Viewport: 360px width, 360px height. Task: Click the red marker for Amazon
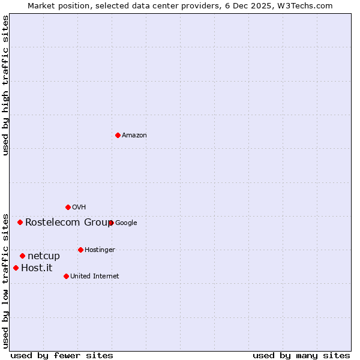[x=118, y=135]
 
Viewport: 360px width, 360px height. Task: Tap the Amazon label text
[x=134, y=136]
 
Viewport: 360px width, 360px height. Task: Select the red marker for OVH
[x=68, y=207]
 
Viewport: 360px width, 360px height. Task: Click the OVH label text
[x=79, y=208]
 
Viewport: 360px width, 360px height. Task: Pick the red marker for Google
[x=111, y=223]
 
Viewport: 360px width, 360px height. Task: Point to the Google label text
[x=126, y=223]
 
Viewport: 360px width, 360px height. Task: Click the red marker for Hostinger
[x=80, y=250]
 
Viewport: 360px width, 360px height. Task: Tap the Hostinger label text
[x=100, y=250]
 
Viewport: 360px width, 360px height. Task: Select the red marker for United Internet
[x=66, y=276]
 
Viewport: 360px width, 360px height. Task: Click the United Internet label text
[x=94, y=277]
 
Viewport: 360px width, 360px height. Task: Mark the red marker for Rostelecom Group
[x=20, y=222]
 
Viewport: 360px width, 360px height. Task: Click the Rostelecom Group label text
[x=68, y=223]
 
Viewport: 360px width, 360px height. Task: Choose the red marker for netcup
[x=22, y=256]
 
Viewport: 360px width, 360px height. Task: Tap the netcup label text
[x=44, y=256]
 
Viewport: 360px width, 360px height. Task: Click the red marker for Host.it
[x=16, y=268]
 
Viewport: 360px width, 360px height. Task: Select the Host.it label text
[x=37, y=268]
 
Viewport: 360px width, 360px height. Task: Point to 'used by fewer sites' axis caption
[x=62, y=355]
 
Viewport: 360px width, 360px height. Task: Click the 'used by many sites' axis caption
[x=301, y=355]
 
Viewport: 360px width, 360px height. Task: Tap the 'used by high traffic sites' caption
[x=5, y=86]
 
